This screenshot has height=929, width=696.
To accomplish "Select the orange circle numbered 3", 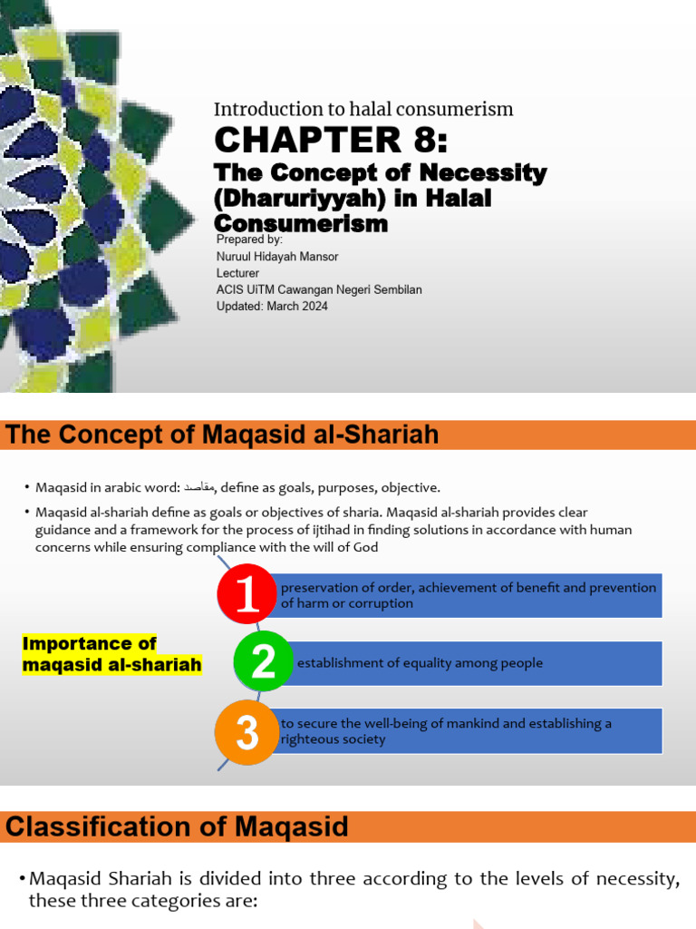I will pos(246,731).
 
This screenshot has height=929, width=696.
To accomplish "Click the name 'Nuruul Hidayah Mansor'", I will pos(278,257).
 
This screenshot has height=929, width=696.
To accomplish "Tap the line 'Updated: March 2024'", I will pos(272,307).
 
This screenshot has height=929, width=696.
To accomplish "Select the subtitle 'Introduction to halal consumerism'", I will pos(363,110).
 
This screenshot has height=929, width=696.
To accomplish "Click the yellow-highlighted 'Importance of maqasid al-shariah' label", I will pos(111,654).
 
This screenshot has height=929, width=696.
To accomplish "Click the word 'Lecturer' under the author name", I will pos(237,273).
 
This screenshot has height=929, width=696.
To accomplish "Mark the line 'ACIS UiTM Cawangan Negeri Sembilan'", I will pos(318,289).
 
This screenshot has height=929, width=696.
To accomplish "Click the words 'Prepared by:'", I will pos(250,240).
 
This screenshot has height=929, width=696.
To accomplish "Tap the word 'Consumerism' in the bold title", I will pos(301,222).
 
